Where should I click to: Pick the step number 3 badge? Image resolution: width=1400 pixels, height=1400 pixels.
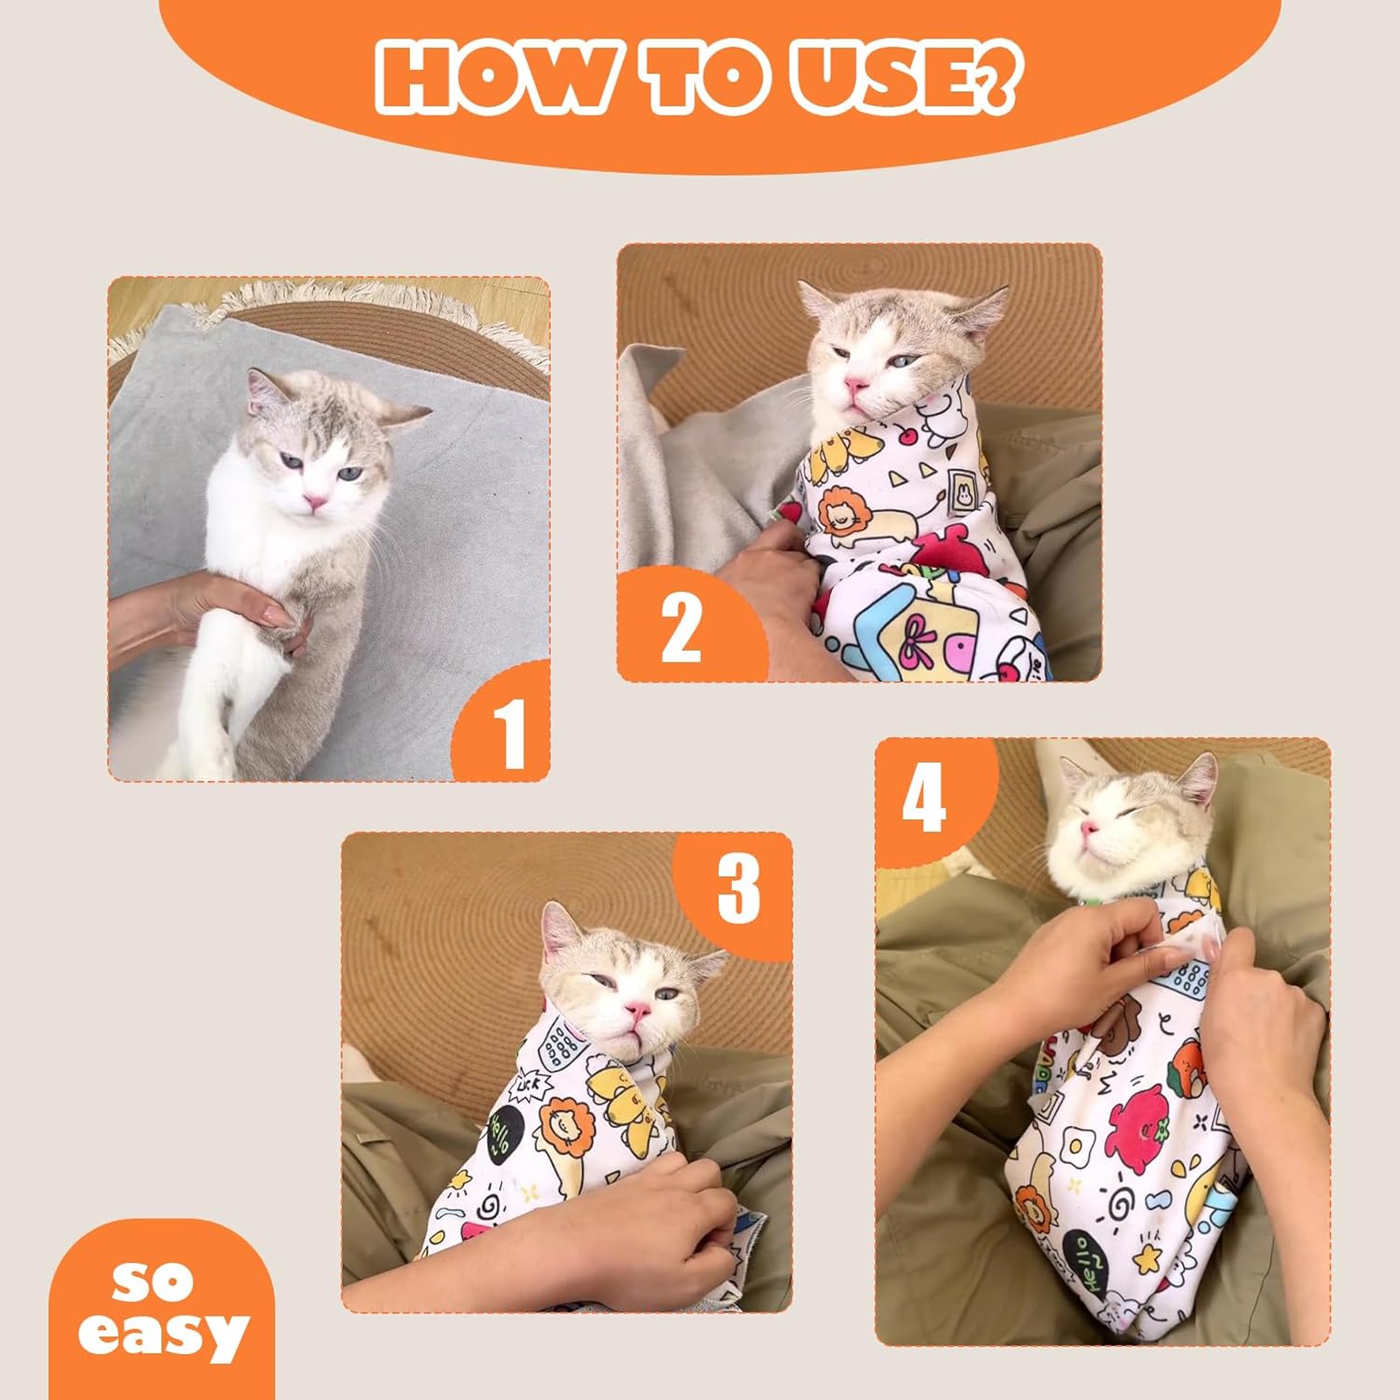click(x=738, y=888)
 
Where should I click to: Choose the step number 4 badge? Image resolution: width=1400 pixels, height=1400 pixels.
click(x=924, y=798)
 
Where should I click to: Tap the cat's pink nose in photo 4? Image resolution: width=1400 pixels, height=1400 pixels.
click(x=1086, y=829)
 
